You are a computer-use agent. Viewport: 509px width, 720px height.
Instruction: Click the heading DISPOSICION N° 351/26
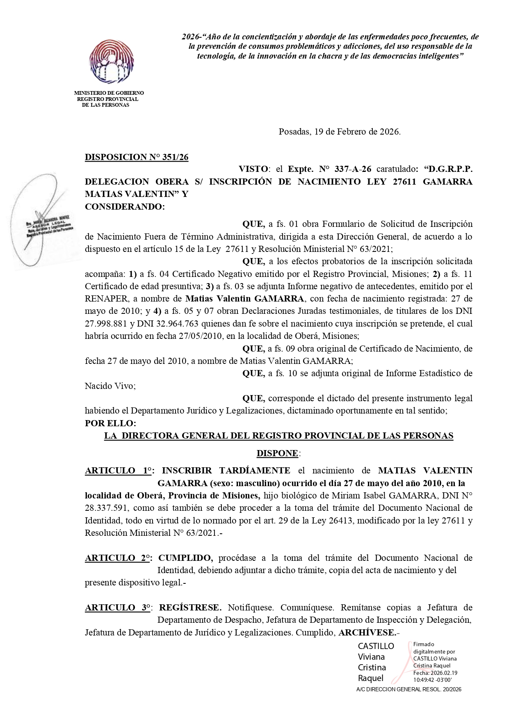click(x=137, y=157)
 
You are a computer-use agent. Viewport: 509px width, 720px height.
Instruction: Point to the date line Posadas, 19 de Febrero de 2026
click(x=340, y=132)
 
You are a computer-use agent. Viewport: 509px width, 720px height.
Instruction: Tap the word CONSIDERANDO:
click(x=125, y=207)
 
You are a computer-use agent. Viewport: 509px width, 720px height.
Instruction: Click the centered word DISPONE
click(x=277, y=453)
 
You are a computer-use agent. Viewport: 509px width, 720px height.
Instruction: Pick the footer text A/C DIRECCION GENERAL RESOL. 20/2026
click(x=409, y=690)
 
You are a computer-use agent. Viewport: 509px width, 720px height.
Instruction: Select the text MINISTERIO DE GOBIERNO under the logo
click(x=109, y=93)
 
